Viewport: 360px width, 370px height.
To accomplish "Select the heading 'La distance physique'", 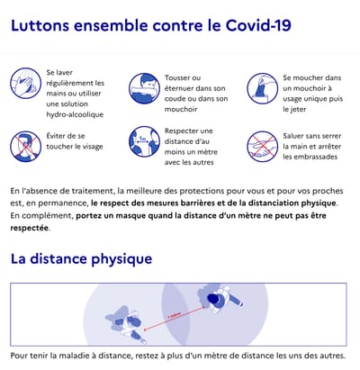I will coord(82,258).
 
